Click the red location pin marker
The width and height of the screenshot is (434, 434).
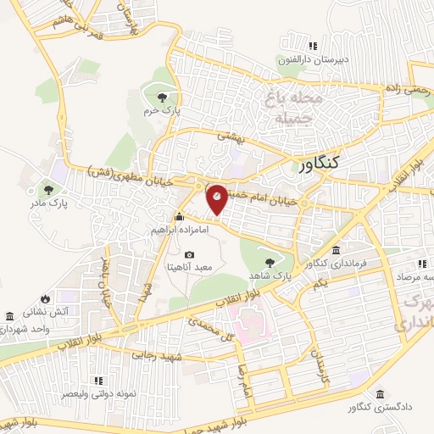[217, 199]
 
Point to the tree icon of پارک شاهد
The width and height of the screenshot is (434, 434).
[270, 262]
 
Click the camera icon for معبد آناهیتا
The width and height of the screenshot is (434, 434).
[188, 254]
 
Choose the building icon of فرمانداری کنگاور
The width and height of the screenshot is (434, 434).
[337, 251]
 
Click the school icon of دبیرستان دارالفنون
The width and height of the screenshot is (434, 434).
[312, 46]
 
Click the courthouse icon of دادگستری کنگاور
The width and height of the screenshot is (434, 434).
[378, 395]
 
